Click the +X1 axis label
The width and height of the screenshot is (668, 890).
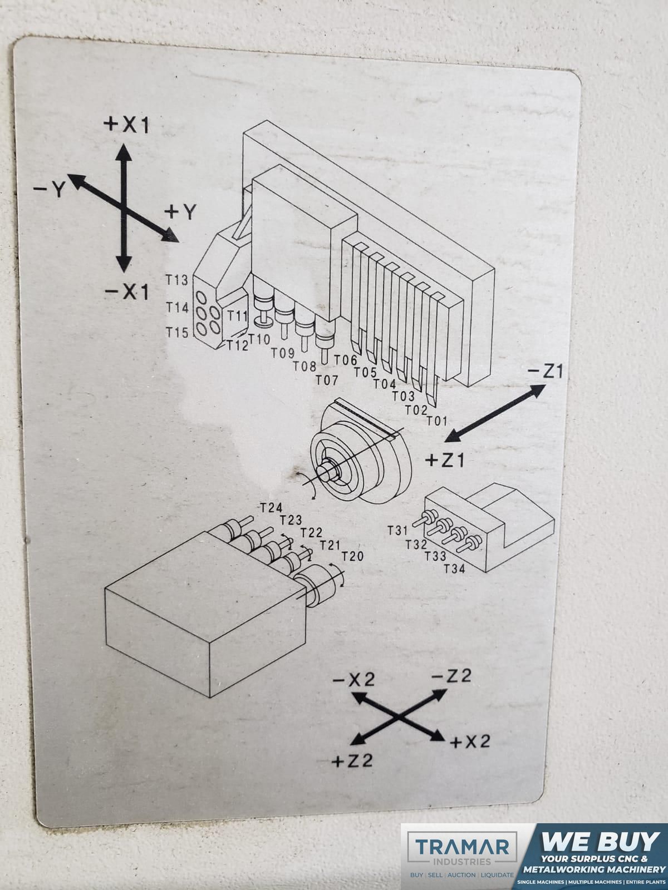[x=126, y=125]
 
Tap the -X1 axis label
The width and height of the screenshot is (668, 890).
[x=127, y=291]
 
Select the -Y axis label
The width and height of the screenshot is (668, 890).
[x=49, y=189]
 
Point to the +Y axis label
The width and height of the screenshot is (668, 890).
[x=180, y=212]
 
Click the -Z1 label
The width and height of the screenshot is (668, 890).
[x=545, y=372]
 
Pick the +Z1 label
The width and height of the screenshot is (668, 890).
[x=445, y=460]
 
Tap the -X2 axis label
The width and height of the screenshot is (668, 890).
[x=353, y=680]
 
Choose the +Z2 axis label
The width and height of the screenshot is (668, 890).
[x=352, y=762]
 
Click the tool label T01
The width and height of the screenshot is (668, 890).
[x=436, y=421]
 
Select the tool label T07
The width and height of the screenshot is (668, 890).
[x=327, y=380]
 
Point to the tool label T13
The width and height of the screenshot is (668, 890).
[x=177, y=280]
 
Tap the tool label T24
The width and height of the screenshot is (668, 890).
[x=271, y=508]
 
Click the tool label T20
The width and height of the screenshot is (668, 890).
[x=352, y=556]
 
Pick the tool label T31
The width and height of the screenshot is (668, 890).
[x=397, y=530]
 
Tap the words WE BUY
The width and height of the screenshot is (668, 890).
[x=600, y=842]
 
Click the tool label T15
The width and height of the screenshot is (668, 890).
[x=177, y=333]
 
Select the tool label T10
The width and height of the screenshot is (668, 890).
[x=259, y=339]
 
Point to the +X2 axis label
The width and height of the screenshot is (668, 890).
[x=470, y=741]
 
